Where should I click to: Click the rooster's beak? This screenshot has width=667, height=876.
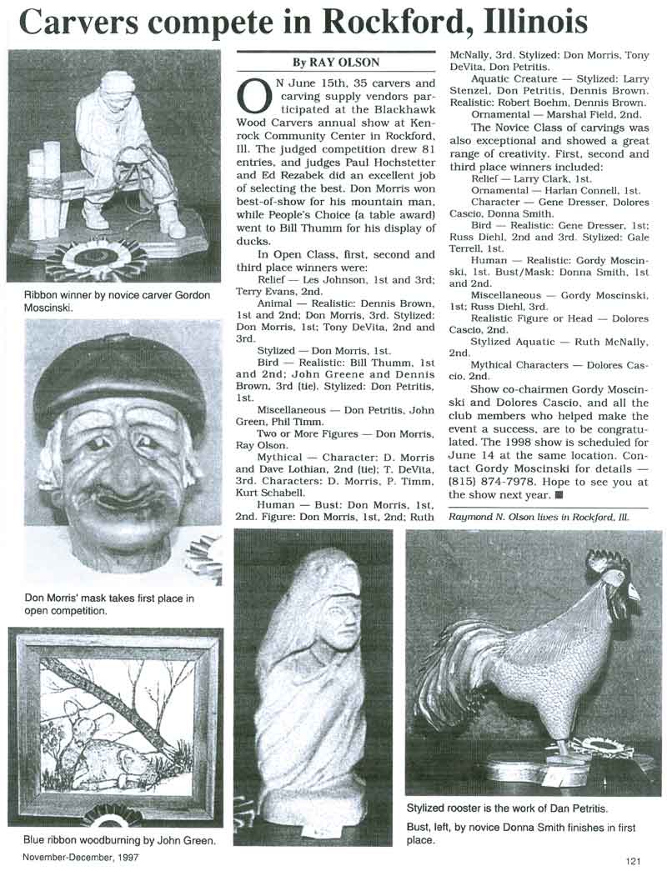coord(634,593)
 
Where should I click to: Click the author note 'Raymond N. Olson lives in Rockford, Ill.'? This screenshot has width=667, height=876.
coord(539,517)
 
